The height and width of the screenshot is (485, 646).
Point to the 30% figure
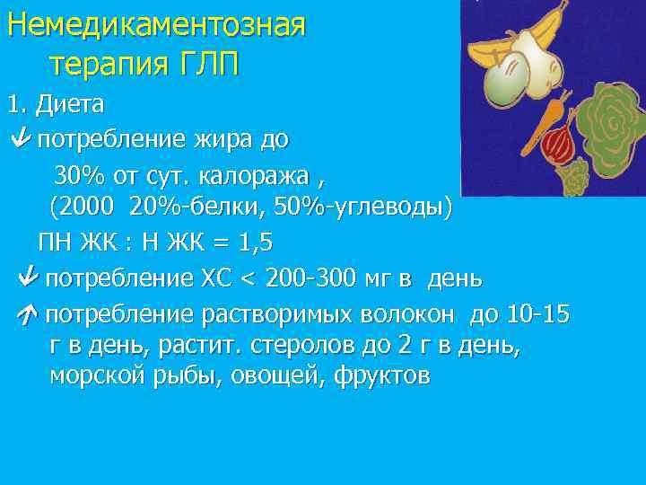(x=77, y=173)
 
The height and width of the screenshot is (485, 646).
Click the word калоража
(x=259, y=173)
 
